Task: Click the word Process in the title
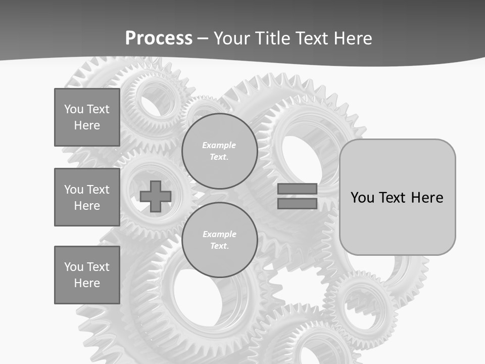[x=159, y=38]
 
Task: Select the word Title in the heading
[x=273, y=38]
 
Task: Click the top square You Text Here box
[x=87, y=117]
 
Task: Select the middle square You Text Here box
[x=87, y=197]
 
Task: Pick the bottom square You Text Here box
[x=87, y=275]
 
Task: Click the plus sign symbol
[x=156, y=197]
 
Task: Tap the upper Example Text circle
[x=219, y=151]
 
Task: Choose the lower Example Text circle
[x=219, y=240]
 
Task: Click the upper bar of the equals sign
[x=297, y=189]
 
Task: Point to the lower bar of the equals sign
[x=297, y=203]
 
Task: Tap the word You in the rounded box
[x=363, y=198]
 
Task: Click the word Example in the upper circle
[x=219, y=145]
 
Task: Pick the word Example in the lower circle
[x=219, y=234]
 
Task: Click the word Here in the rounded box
[x=427, y=198]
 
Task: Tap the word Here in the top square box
[x=87, y=125]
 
